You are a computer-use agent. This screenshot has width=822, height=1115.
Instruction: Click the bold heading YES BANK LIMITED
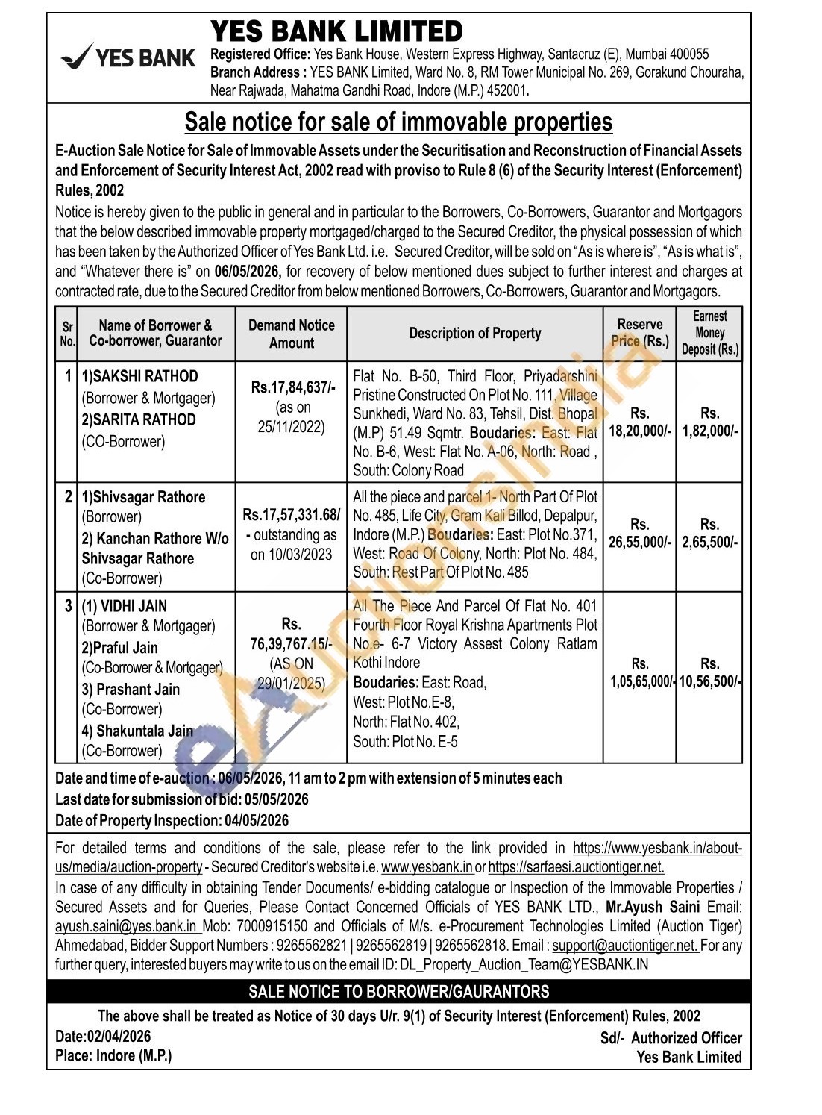[x=336, y=32]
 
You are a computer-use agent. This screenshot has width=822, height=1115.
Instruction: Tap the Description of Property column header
[x=474, y=333]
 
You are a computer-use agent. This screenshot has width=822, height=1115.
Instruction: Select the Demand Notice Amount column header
[x=291, y=334]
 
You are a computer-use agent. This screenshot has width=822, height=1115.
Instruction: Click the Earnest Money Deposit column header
[x=709, y=333]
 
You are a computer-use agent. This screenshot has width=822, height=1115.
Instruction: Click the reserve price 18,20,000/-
[x=639, y=431]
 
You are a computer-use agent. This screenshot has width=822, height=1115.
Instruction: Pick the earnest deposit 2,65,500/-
[x=709, y=542]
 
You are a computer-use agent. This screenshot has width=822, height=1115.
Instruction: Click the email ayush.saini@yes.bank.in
[x=127, y=927]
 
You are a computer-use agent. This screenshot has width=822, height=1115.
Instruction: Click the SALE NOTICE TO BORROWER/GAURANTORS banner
[x=398, y=992]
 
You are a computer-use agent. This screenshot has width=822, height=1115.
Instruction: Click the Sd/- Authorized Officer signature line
[x=671, y=1038]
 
